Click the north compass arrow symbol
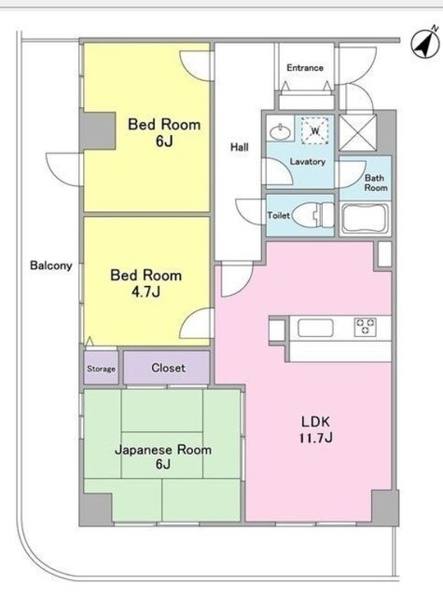pyautogui.click(x=425, y=44)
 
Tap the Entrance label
pyautogui.click(x=305, y=68)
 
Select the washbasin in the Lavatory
pyautogui.click(x=281, y=131)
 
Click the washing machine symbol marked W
pyautogui.click(x=315, y=130)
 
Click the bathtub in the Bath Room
pyautogui.click(x=365, y=220)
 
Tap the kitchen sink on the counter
pyautogui.click(x=315, y=328)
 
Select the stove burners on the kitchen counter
pyautogui.click(x=366, y=327)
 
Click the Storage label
pyautogui.click(x=101, y=369)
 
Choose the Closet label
pyautogui.click(x=168, y=368)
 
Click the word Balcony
pyautogui.click(x=51, y=265)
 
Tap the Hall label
pyautogui.click(x=240, y=147)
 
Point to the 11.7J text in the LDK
pyautogui.click(x=315, y=438)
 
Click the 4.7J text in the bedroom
pyautogui.click(x=145, y=291)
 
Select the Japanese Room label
pyautogui.click(x=163, y=450)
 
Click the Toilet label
pyautogui.click(x=279, y=215)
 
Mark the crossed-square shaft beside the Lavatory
pyautogui.click(x=357, y=132)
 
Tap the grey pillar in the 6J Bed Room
pyautogui.click(x=97, y=130)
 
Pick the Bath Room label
pyautogui.click(x=375, y=183)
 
